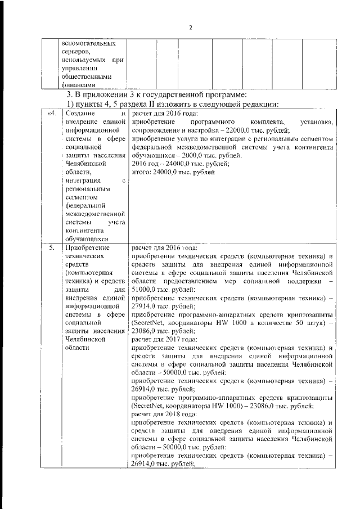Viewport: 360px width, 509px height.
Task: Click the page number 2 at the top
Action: coord(190,27)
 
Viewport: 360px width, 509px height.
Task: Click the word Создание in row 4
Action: coord(79,114)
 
